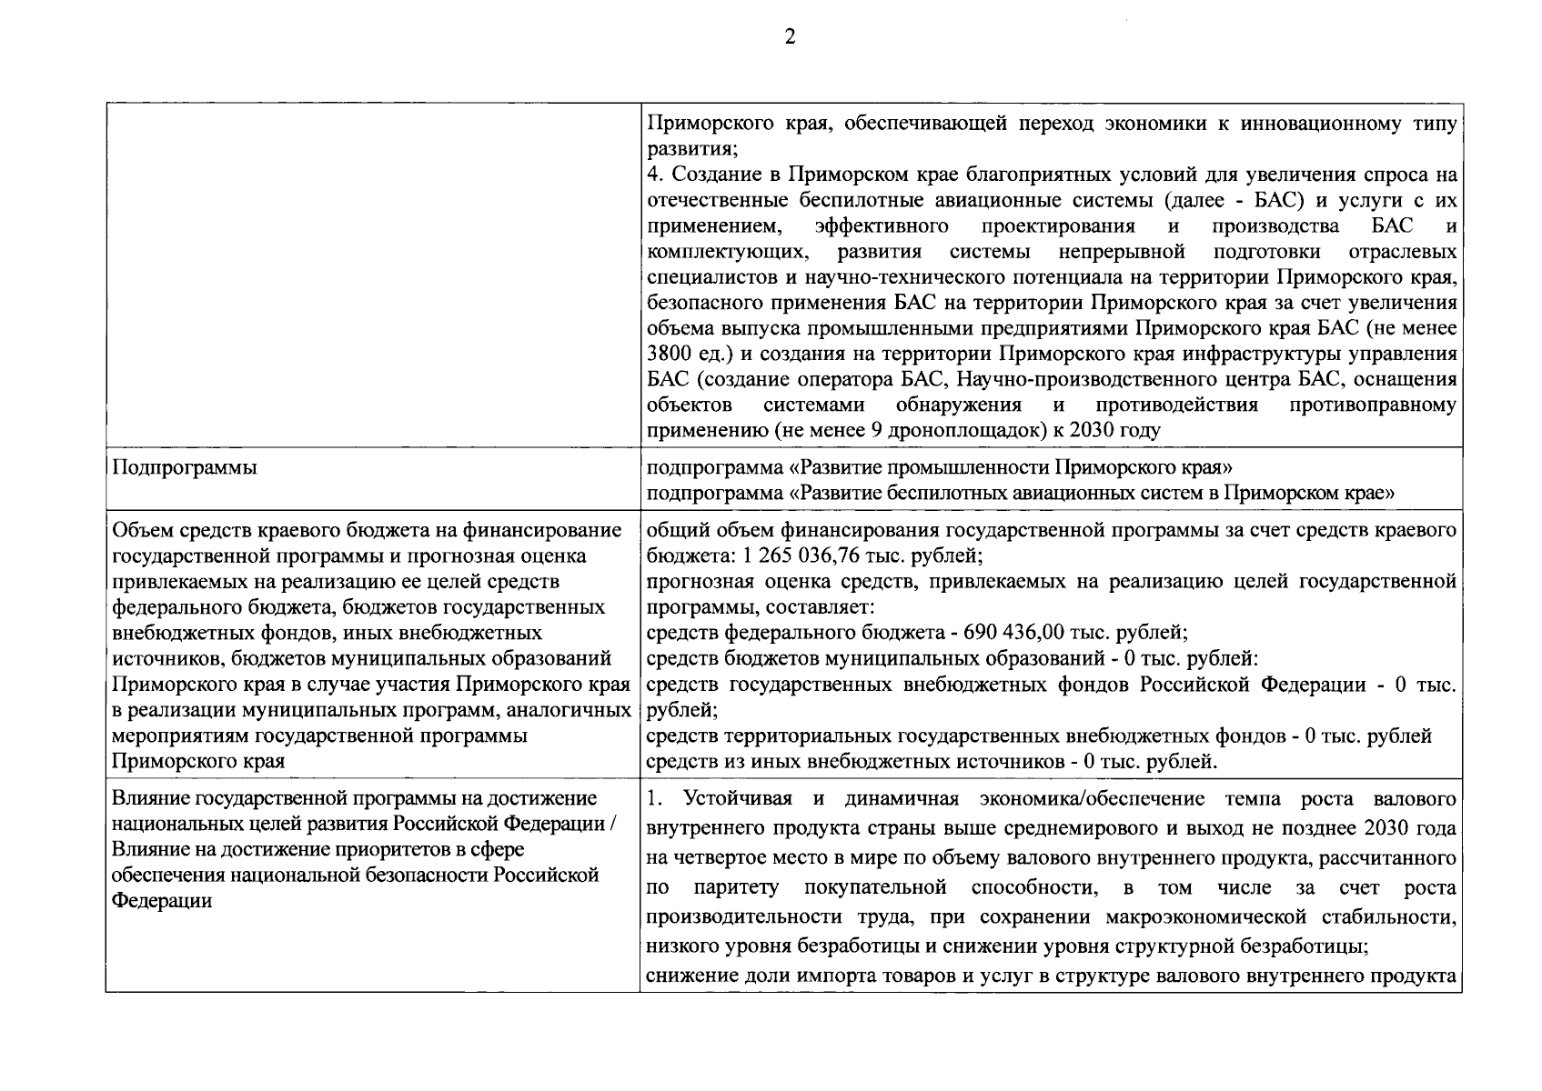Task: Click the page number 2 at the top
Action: pyautogui.click(x=789, y=37)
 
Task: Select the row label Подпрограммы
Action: pyautogui.click(x=184, y=467)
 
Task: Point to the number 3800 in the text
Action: pyautogui.click(x=670, y=353)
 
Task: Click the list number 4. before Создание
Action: pyautogui.click(x=653, y=175)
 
